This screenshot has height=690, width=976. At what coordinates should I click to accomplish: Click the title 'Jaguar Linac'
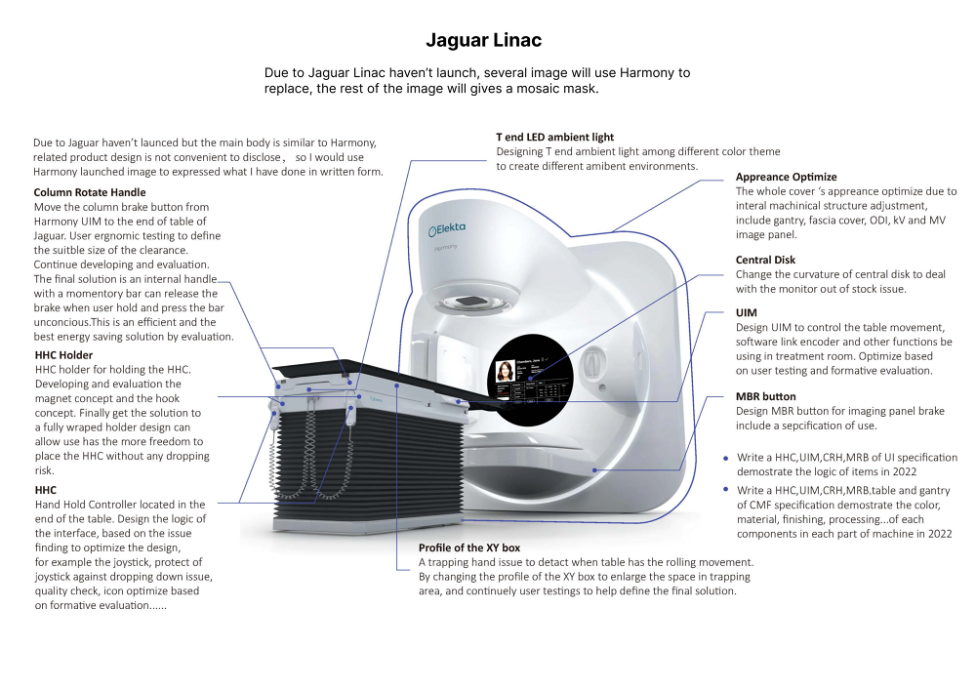[483, 40]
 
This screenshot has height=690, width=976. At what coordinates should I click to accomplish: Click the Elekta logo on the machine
[447, 228]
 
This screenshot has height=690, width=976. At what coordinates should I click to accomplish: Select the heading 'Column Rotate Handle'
[90, 192]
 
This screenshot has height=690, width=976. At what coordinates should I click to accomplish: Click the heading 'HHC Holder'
[63, 354]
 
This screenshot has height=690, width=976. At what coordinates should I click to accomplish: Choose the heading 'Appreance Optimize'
[786, 177]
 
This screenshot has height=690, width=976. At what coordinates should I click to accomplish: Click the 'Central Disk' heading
[765, 260]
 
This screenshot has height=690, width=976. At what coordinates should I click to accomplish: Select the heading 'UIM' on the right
[746, 312]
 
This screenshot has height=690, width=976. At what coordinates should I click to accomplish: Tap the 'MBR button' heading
[765, 396]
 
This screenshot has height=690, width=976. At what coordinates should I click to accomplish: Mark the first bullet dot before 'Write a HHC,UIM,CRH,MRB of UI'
[725, 458]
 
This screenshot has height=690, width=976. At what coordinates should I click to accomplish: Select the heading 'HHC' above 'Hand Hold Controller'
[45, 490]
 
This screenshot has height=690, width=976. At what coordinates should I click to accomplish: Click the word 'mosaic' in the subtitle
[528, 89]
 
